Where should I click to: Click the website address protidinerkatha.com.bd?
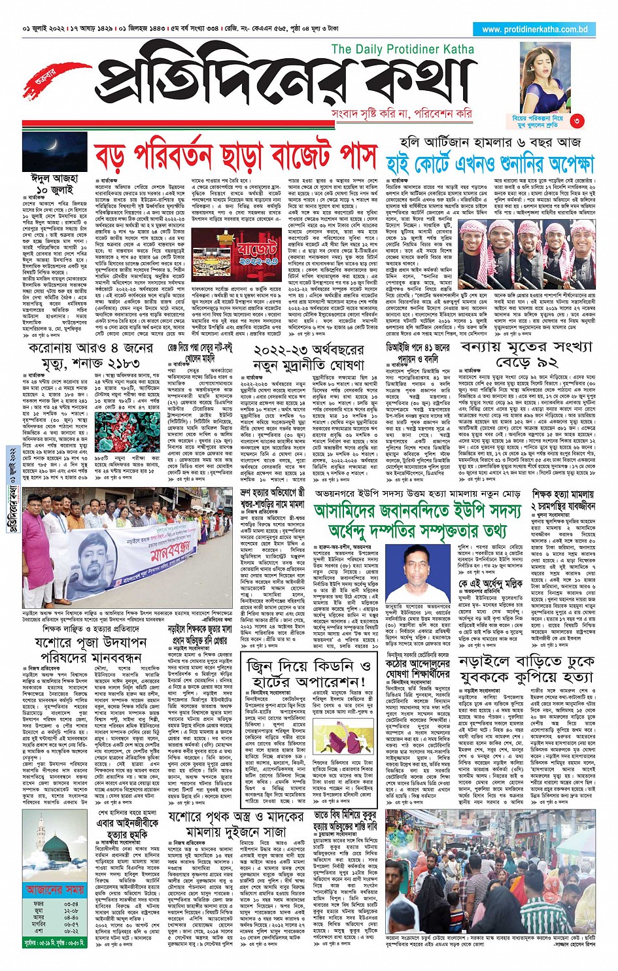tap(534, 29)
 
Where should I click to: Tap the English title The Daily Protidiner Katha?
tap(402, 49)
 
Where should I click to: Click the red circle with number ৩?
tap(576, 121)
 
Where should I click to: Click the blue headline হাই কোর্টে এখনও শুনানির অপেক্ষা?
tap(490, 163)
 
